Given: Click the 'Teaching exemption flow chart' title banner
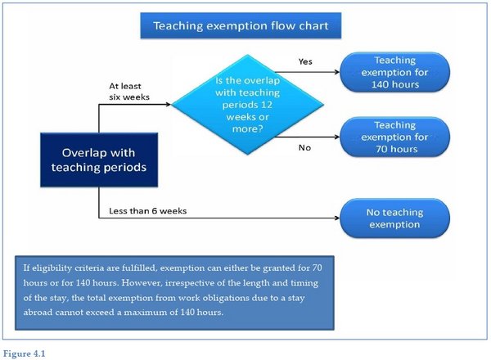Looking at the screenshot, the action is [x=241, y=25].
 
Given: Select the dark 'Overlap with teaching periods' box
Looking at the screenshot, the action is [x=99, y=160].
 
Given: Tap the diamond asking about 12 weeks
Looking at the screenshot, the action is [x=247, y=105].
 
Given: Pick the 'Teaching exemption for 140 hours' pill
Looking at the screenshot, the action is [x=395, y=72].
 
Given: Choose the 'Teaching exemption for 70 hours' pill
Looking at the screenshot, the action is [x=395, y=137].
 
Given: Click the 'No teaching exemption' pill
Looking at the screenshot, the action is [x=395, y=218].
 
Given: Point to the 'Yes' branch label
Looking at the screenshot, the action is [x=305, y=61].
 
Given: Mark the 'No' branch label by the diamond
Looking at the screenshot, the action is [x=304, y=147].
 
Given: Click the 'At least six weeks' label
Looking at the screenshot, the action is [x=129, y=92].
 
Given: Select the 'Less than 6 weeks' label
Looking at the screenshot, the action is [x=148, y=211].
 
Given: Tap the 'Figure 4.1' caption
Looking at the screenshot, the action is [x=24, y=353].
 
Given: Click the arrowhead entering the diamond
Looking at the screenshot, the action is [x=169, y=104].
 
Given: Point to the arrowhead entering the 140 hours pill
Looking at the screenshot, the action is [x=337, y=72].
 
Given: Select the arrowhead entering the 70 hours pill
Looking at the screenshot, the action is [x=337, y=137].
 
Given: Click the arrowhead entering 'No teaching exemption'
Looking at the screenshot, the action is [x=337, y=218].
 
